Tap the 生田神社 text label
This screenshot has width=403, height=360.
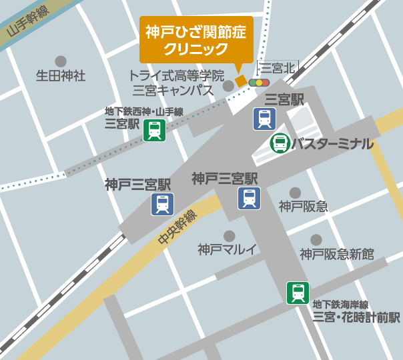(x=61, y=76)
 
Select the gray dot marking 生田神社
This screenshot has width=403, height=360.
(x=61, y=61)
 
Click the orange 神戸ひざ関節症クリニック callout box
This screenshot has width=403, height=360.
(x=196, y=40)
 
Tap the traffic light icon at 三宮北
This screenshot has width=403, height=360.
(x=259, y=83)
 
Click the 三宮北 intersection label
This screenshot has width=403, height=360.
(x=276, y=67)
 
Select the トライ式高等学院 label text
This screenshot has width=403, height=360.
(x=176, y=75)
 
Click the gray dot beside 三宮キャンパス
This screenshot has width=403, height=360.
(x=228, y=85)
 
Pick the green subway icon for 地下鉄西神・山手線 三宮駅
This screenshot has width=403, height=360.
(x=155, y=130)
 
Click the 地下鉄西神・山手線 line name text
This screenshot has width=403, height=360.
(x=144, y=111)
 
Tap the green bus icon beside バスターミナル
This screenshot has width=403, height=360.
(x=280, y=143)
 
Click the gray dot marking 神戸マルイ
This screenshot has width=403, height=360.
(x=229, y=236)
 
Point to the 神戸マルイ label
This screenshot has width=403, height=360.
(x=228, y=250)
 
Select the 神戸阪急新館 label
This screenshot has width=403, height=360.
(x=336, y=253)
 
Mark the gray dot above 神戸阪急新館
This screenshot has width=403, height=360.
(x=316, y=239)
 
